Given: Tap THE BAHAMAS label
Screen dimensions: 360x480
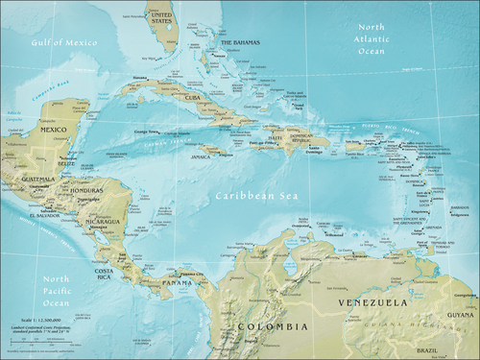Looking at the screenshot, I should click(240, 43).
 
